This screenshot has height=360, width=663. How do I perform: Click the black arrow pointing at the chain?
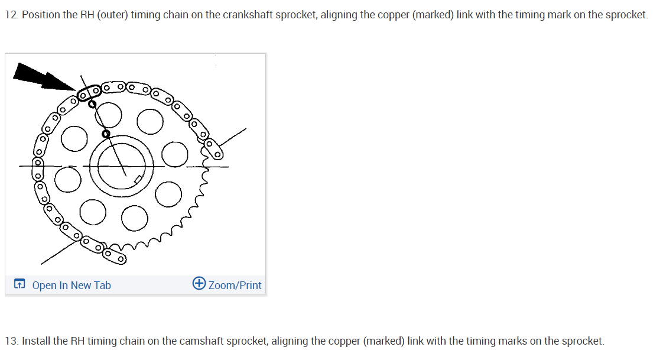(x=41, y=77)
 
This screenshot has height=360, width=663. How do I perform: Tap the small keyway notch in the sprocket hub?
(x=138, y=179)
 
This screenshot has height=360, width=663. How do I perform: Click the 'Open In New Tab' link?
(x=71, y=286)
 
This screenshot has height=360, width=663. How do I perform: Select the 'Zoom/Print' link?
(x=235, y=286)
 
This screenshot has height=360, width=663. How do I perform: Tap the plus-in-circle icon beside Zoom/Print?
(x=199, y=284)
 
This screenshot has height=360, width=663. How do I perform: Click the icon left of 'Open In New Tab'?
(x=19, y=285)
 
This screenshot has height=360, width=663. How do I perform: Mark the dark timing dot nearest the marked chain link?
(x=92, y=104)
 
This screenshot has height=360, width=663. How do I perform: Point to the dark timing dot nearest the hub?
(x=106, y=134)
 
